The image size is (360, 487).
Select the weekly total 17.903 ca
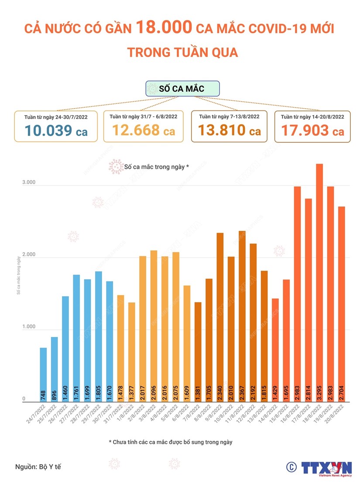click(x=312, y=131)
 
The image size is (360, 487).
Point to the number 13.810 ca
click(x=230, y=130)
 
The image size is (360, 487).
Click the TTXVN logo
click(x=326, y=467)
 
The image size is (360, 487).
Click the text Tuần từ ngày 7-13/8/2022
click(x=229, y=117)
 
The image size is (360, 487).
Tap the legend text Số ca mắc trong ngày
click(x=156, y=167)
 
